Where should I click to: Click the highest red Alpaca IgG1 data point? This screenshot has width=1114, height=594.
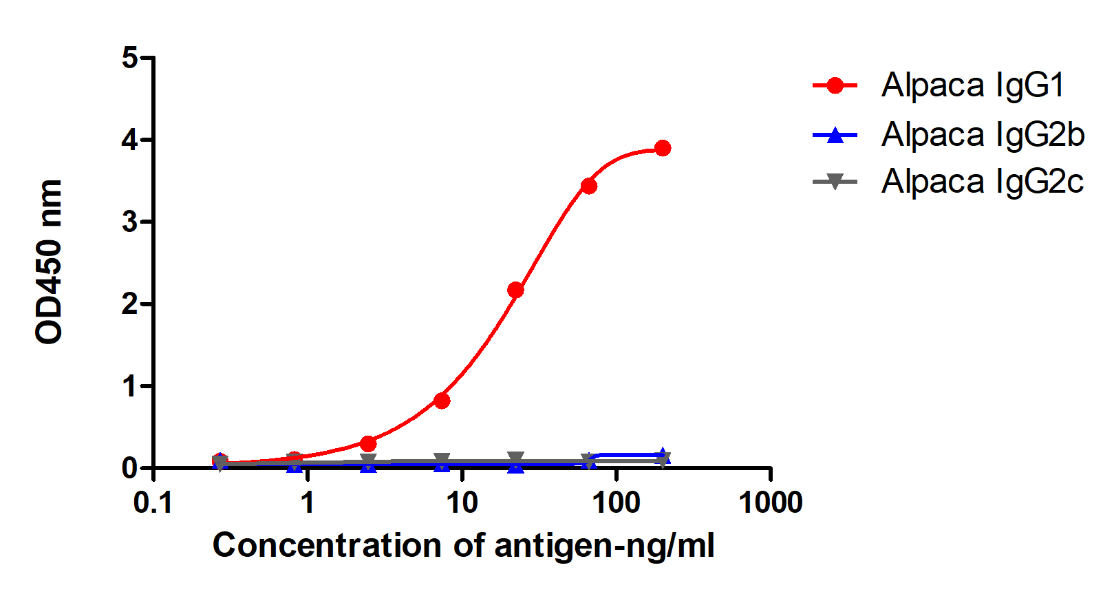click(663, 148)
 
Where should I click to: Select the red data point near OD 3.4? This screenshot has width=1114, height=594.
click(588, 186)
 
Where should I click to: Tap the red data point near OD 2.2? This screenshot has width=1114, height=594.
click(515, 290)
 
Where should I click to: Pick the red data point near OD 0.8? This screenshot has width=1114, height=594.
click(442, 401)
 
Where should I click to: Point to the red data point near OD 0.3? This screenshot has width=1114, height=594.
click(368, 443)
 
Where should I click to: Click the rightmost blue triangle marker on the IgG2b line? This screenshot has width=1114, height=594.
click(663, 455)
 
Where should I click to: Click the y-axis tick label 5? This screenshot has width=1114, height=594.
click(130, 58)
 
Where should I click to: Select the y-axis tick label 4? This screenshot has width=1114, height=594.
click(130, 140)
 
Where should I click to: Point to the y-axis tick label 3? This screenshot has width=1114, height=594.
click(130, 222)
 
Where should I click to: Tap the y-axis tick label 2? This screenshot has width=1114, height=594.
click(130, 304)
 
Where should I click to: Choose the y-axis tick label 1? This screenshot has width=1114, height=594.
click(130, 386)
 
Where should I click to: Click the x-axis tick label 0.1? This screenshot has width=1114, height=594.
click(153, 503)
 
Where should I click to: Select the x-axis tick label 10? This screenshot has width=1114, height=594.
click(462, 503)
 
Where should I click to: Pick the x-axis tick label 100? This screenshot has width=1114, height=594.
click(616, 503)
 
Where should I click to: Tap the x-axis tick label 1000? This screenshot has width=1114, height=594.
click(770, 503)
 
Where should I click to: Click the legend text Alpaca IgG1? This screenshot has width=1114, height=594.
click(972, 85)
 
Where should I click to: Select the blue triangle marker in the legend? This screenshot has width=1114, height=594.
click(835, 135)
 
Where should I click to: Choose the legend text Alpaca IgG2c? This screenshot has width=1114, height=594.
click(982, 182)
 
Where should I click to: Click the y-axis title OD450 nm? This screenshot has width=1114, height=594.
click(50, 262)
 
